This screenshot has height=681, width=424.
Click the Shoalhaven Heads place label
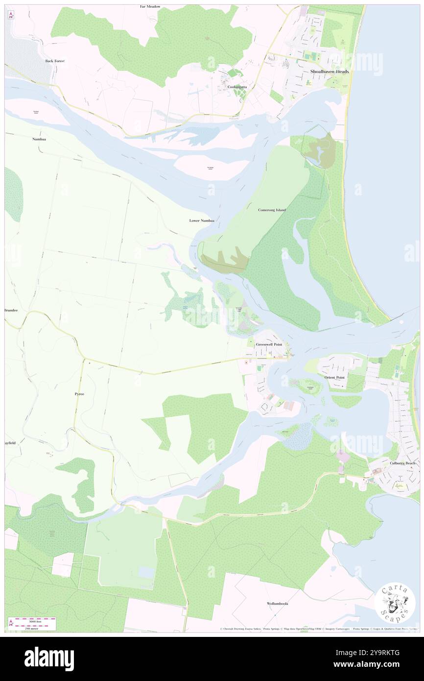coord(329,72)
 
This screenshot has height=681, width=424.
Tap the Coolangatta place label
coord(237,87)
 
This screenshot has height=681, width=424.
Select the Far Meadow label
coord(150,7)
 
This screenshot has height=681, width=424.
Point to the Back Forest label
coord(55,61)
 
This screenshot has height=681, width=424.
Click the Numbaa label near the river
coord(39,139)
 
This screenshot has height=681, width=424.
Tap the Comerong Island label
coord(272,210)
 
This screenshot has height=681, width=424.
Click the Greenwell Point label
coord(269,345)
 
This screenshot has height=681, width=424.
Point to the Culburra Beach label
coord(402,463)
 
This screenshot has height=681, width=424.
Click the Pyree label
coord(79,394)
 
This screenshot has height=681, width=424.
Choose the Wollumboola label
coord(277,604)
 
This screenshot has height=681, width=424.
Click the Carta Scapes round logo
coord(395,604)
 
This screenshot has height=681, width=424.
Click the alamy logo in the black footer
coord(49,658)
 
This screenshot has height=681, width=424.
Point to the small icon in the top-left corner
coord(10,15)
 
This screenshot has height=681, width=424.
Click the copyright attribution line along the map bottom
coord(318,629)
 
